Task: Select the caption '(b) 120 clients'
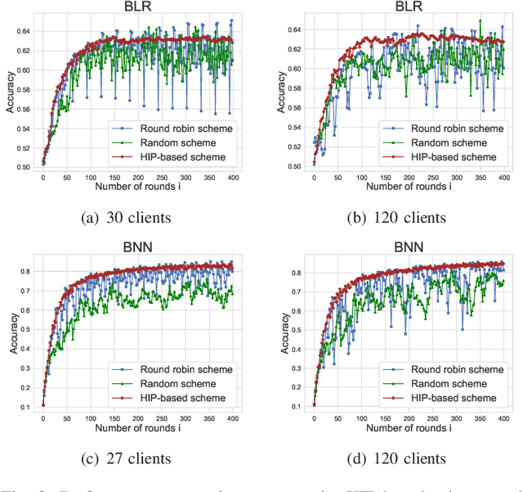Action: pos(406,217)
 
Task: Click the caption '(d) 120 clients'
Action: pos(406,458)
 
